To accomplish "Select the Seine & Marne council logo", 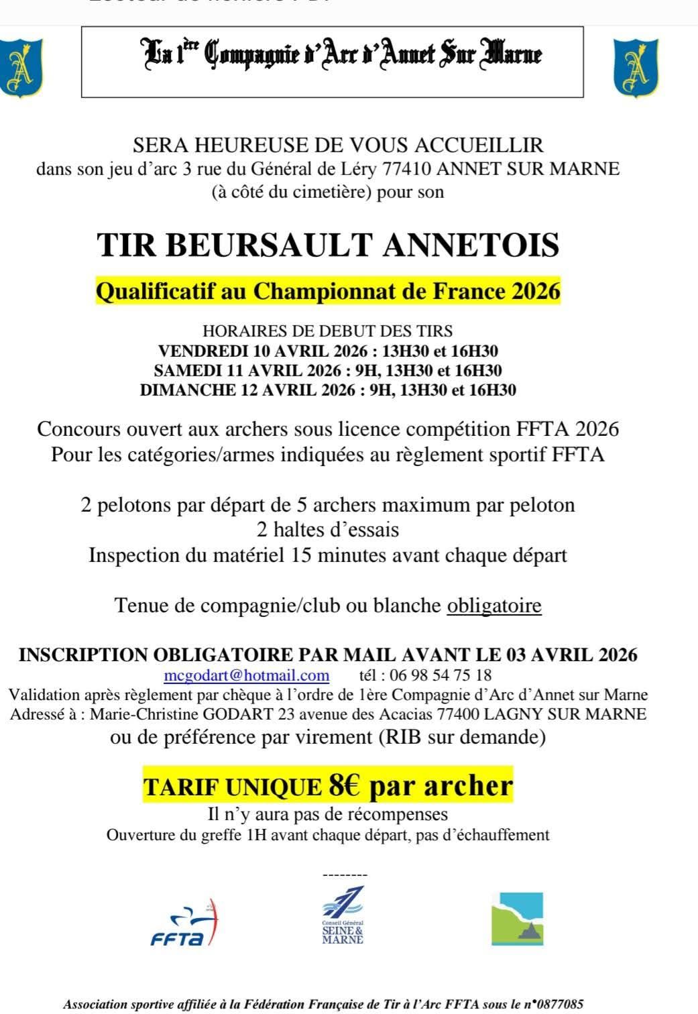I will (343, 915).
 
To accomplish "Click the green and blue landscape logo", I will (517, 919).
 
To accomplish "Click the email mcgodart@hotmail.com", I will (246, 675).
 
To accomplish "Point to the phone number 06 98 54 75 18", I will (446, 675).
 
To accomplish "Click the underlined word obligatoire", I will (494, 606).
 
